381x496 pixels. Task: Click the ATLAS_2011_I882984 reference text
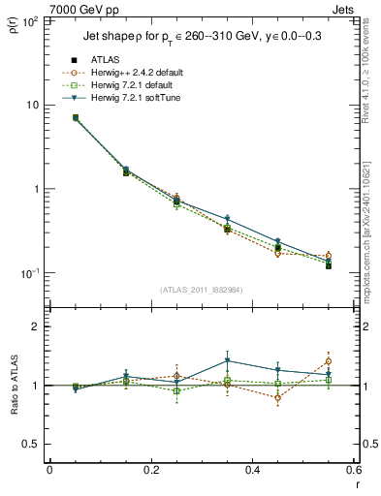pyautogui.click(x=201, y=290)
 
